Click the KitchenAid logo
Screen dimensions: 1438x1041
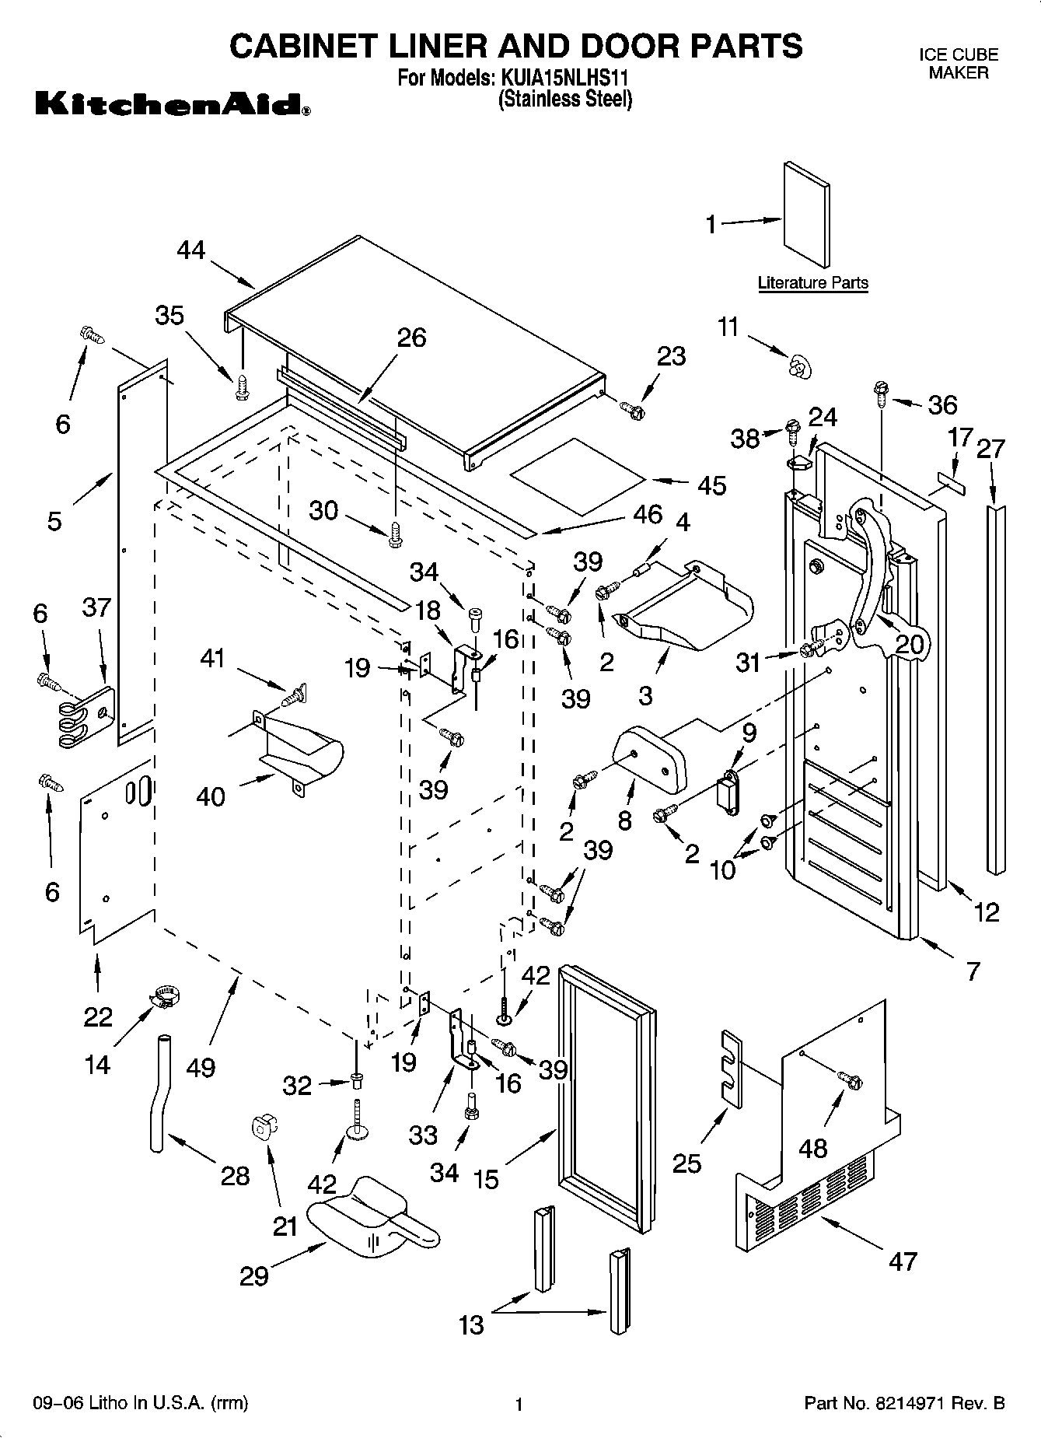(173, 104)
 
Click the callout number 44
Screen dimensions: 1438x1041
(190, 250)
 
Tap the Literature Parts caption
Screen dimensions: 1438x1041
(812, 283)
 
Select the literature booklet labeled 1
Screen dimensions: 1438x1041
(806, 215)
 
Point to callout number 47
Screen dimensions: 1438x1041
(902, 1261)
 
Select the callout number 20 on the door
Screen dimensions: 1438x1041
(910, 644)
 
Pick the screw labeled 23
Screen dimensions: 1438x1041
(632, 409)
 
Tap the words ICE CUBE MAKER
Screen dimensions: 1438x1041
(958, 64)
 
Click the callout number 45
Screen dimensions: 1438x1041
(711, 485)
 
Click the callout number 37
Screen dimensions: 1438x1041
(97, 607)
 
